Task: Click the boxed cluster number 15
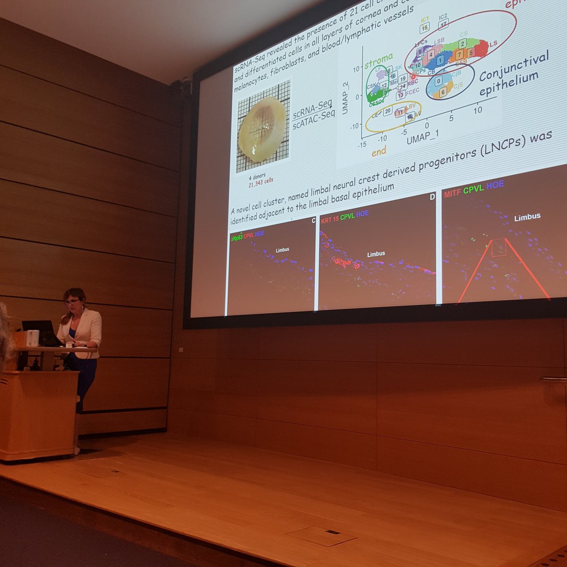click(424, 27)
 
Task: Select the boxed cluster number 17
click(443, 24)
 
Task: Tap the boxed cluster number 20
click(387, 111)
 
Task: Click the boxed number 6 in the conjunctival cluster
click(443, 92)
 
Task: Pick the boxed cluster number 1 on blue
click(440, 60)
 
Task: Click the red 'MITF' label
click(452, 193)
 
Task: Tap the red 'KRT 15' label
click(330, 220)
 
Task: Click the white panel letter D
click(432, 197)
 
